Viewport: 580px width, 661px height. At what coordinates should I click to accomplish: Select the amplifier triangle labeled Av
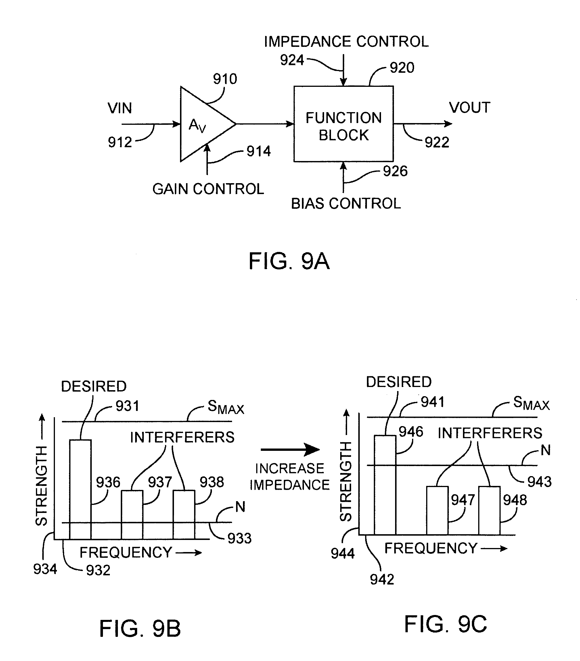tap(202, 124)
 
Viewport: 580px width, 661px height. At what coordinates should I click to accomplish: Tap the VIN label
tap(120, 108)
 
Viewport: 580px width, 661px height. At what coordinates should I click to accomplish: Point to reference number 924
tap(292, 60)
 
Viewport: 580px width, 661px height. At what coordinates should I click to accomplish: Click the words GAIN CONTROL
tap(208, 189)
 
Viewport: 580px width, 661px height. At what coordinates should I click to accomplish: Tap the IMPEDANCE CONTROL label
tap(346, 42)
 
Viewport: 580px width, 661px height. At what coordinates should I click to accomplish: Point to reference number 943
tap(539, 482)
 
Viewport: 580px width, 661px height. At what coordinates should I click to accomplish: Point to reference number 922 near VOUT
tap(437, 142)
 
